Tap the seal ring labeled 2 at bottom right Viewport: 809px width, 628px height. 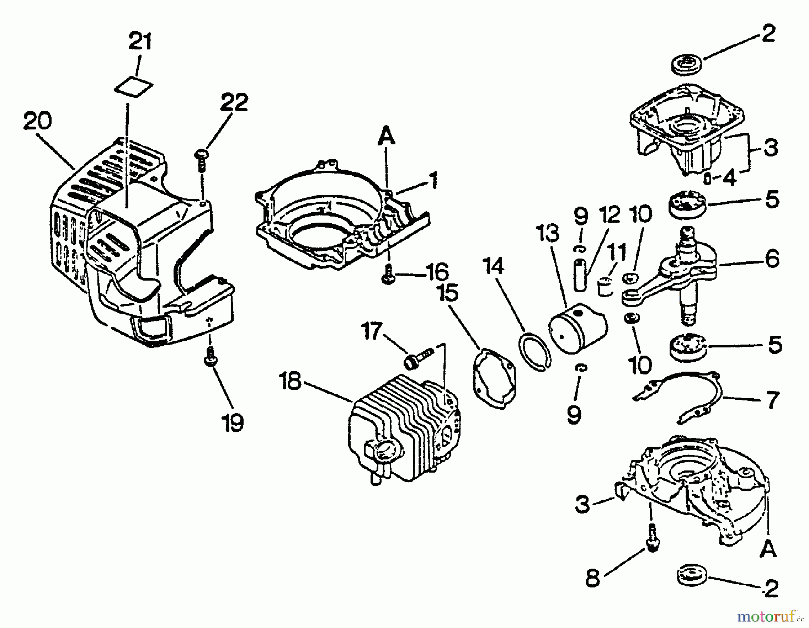(x=691, y=576)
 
